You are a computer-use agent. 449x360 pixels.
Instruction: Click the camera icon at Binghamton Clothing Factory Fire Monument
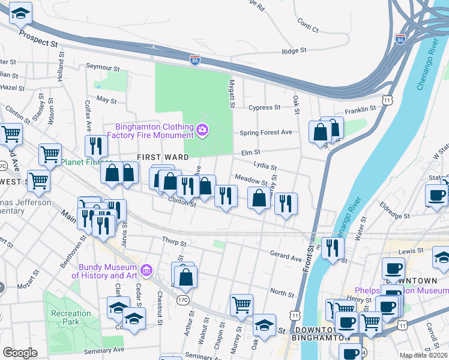coord(203,129)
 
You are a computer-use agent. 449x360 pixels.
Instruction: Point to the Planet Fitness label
coord(86,162)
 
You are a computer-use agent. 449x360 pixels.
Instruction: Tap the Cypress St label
coord(264,107)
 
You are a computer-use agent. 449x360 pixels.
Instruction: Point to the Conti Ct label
coord(307,25)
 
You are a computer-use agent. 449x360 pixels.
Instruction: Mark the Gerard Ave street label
coord(285,256)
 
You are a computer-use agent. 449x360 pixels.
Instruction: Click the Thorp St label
coord(175,242)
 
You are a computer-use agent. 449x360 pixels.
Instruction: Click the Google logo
coord(20,353)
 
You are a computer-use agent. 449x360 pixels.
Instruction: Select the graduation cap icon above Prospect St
coord(20,12)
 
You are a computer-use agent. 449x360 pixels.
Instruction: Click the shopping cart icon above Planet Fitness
coord(50,154)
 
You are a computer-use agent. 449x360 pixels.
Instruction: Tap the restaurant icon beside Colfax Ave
coord(95,145)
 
